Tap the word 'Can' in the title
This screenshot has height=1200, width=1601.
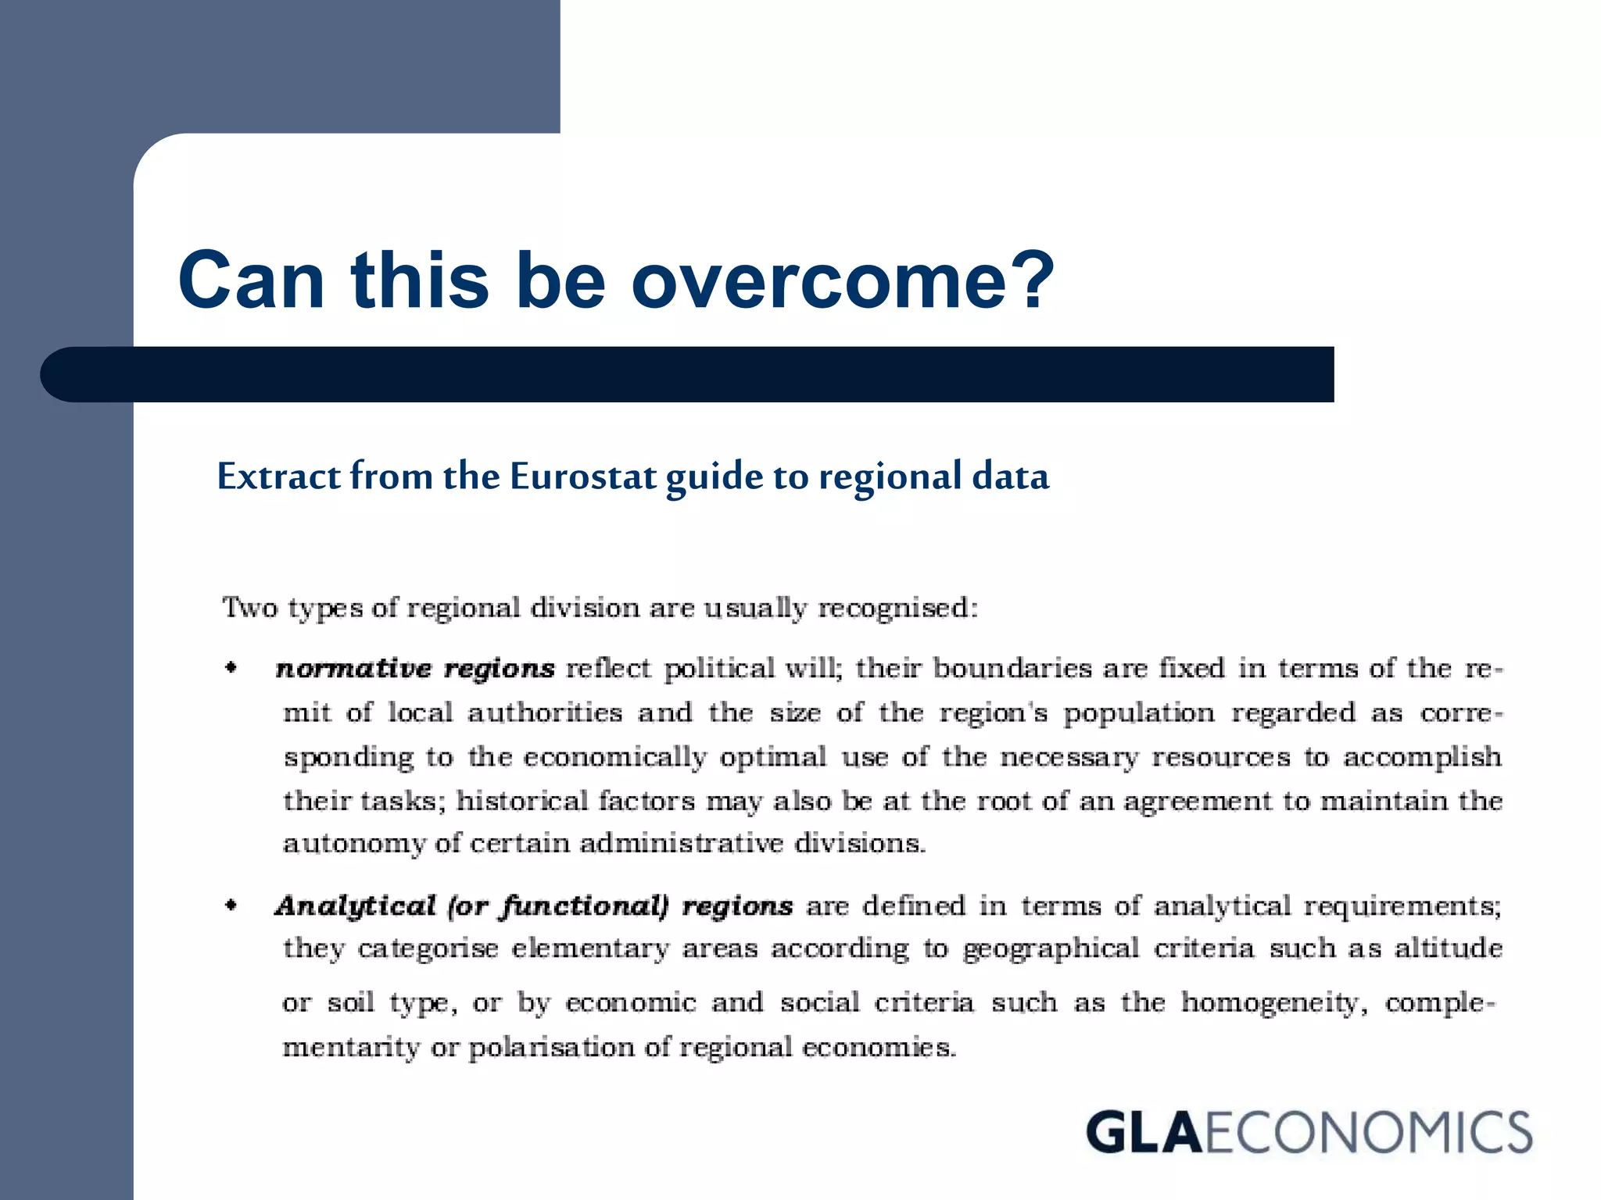251,281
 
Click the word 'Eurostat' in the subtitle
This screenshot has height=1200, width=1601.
582,477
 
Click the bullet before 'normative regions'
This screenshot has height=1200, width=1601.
231,667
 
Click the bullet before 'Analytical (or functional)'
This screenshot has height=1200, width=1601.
231,905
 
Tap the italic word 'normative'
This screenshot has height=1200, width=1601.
353,670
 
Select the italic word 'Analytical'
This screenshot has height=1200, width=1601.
355,906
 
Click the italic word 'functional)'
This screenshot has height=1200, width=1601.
585,906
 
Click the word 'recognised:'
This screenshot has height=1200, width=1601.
897,608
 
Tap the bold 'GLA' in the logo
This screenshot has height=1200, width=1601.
1143,1132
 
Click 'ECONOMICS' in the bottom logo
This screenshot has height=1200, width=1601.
1368,1132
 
